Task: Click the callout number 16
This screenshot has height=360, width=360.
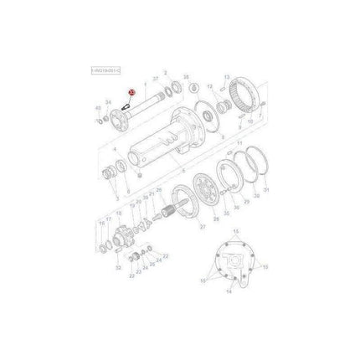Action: [101, 224]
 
